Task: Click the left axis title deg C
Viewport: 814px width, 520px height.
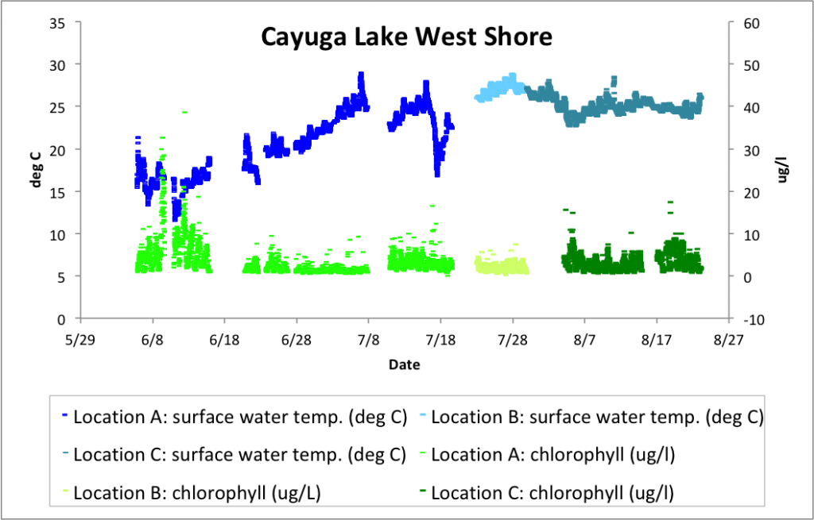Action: click(37, 170)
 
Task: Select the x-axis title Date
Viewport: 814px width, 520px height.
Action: click(405, 365)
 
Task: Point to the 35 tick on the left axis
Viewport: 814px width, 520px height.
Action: click(56, 22)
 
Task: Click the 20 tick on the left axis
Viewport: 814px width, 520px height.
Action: click(56, 149)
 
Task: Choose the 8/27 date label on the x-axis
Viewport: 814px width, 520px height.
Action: click(728, 338)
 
